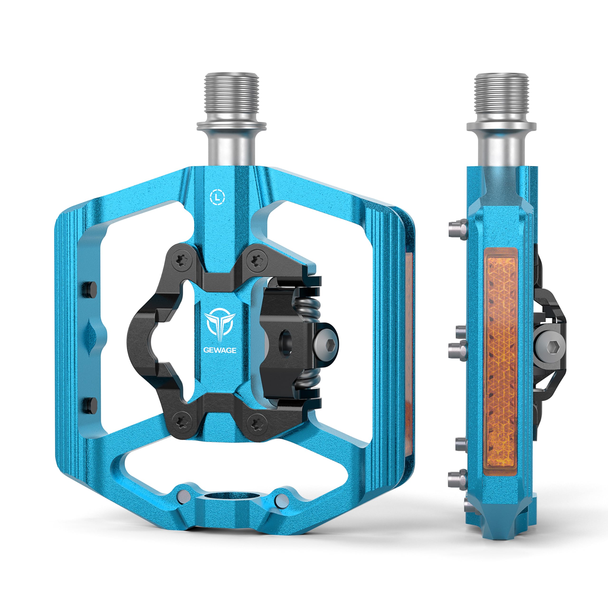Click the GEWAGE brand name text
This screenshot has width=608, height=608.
coord(220,350)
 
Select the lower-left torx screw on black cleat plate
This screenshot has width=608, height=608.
coord(182,422)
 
